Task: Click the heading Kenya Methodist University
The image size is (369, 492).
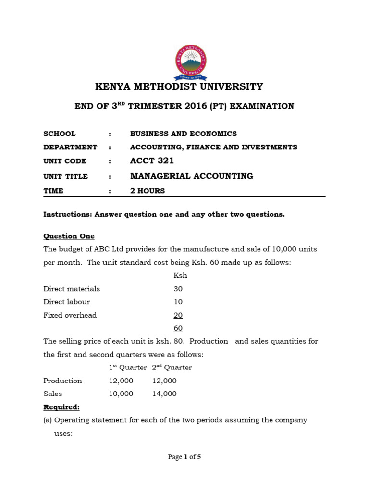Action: point(179,87)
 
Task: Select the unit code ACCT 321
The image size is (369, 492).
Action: point(152,161)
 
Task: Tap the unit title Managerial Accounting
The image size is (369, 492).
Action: point(191,176)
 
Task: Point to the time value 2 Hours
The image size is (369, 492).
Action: point(147,191)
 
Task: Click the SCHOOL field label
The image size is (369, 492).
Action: point(60,134)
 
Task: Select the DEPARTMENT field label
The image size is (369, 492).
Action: point(70,147)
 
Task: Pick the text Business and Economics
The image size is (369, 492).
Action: point(183,134)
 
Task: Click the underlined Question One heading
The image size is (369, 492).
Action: point(69,236)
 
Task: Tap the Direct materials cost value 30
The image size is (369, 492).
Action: point(178,289)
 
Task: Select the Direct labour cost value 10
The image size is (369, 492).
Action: point(178,302)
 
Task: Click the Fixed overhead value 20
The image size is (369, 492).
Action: point(178,315)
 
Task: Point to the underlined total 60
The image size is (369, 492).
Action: point(178,328)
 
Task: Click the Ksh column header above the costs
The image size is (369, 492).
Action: point(180,276)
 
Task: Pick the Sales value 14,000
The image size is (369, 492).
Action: point(164,394)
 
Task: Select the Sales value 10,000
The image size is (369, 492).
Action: point(121,394)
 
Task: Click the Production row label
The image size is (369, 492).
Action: point(62,381)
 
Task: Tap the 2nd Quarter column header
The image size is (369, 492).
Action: point(172,368)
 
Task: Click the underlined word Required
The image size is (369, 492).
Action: point(61,407)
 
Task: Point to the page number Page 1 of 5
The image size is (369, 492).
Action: point(184,457)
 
